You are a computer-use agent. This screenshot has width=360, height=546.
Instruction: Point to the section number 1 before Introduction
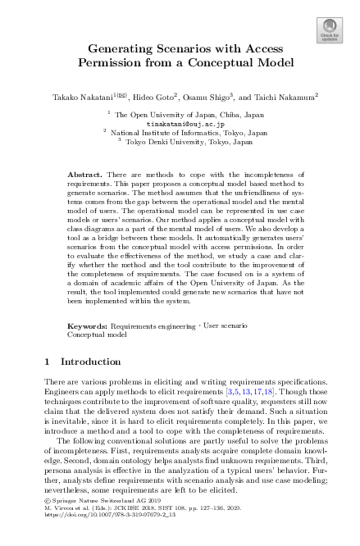(43, 361)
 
